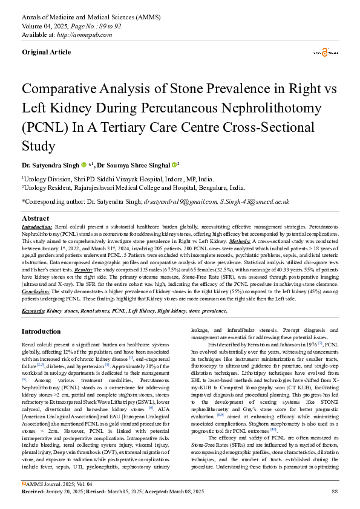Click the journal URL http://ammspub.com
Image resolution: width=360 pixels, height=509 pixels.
[x=88, y=34]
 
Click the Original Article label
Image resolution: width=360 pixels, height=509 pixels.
[x=46, y=52]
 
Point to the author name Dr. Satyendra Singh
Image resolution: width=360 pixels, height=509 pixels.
[x=50, y=164]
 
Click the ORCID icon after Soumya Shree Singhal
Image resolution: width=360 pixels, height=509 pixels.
[x=174, y=164]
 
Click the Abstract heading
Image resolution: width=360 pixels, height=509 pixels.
[x=35, y=218]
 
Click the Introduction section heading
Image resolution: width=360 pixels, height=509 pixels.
[x=41, y=331]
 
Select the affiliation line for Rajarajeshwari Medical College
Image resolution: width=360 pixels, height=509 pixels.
[x=133, y=188]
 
